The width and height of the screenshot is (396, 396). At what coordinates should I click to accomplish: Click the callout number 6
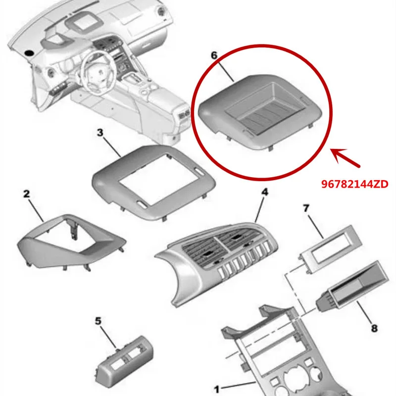[214, 55]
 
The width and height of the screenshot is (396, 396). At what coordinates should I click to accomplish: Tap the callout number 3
[100, 133]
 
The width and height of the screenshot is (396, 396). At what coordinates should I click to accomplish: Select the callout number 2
[26, 194]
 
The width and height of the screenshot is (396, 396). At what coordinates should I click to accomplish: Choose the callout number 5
[98, 321]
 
